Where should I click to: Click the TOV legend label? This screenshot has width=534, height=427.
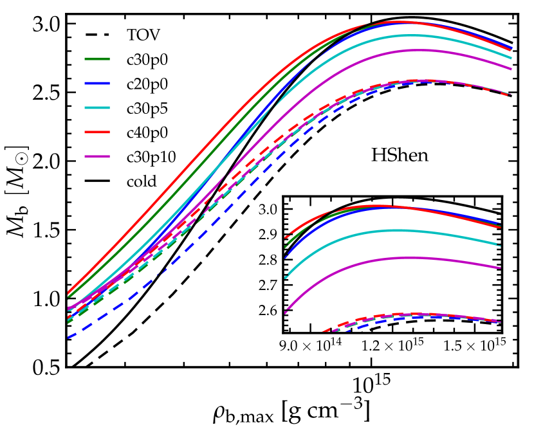click(x=140, y=33)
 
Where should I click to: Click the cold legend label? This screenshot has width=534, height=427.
click(x=142, y=180)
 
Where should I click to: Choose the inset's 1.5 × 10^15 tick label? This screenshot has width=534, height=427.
click(x=477, y=346)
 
